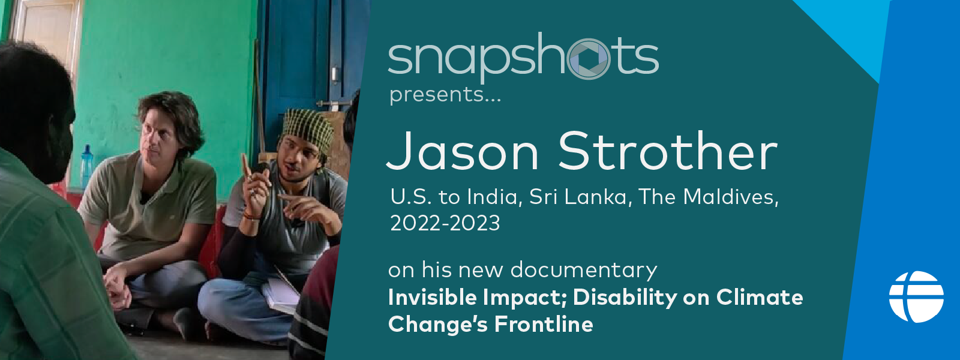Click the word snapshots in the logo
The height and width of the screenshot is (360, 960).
pyautogui.click(x=523, y=58)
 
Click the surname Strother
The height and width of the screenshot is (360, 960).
pyautogui.click(x=668, y=151)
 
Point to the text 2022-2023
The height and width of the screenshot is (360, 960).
pyautogui.click(x=445, y=223)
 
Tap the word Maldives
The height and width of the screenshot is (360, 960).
pyautogui.click(x=728, y=197)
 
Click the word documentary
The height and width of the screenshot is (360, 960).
pyautogui.click(x=584, y=271)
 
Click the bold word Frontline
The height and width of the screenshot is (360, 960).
pyautogui.click(x=544, y=324)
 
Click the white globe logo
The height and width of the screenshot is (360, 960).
pyautogui.click(x=916, y=296)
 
